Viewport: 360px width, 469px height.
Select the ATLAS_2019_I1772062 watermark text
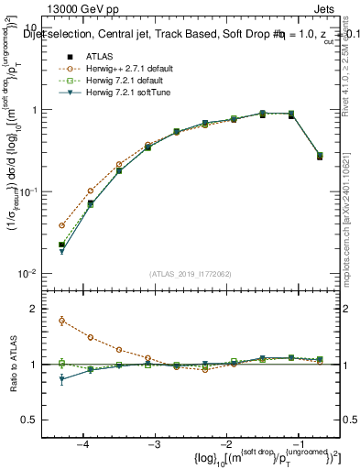click(x=191, y=274)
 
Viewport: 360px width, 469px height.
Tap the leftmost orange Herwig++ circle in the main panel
click(x=61, y=225)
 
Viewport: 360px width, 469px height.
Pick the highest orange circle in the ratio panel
click(x=61, y=321)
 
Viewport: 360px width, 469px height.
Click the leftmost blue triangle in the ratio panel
click(x=61, y=378)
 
